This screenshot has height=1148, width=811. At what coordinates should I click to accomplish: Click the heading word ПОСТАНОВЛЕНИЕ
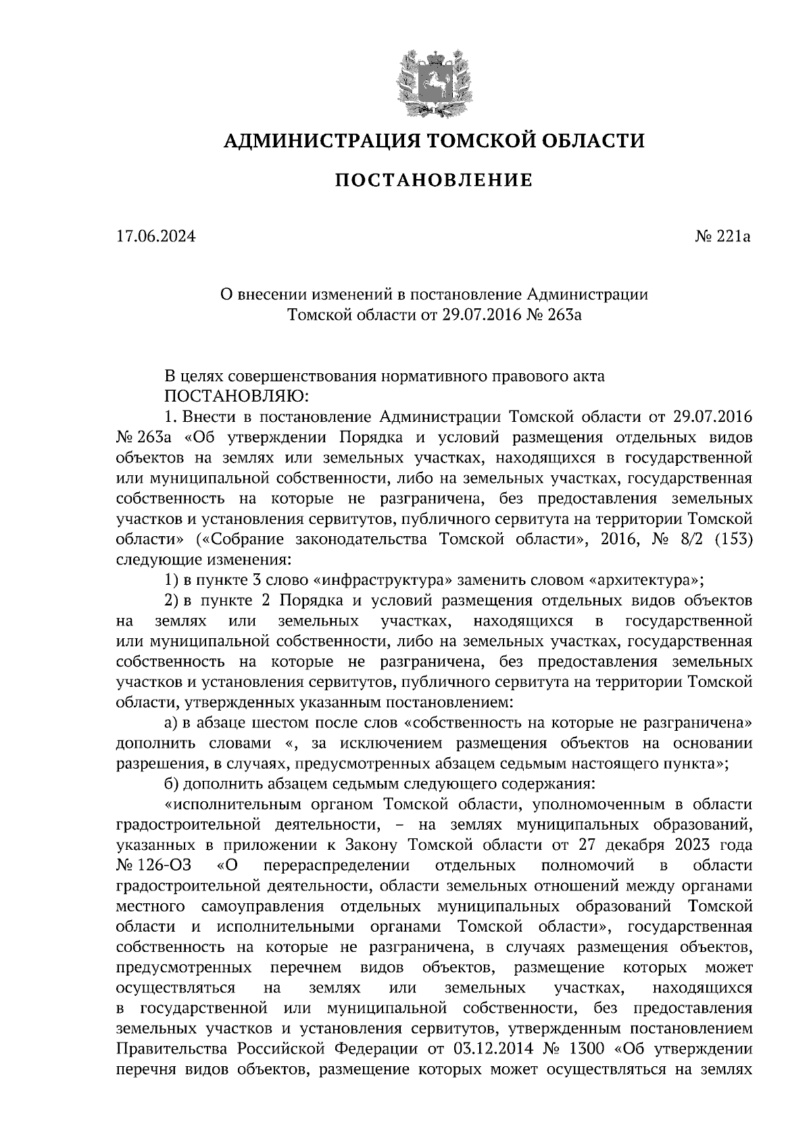[433, 181]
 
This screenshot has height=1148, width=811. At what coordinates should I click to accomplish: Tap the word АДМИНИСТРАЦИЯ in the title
[316, 141]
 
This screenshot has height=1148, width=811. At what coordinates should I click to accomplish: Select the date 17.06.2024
[155, 237]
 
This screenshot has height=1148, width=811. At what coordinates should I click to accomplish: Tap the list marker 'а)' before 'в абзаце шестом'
[172, 723]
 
